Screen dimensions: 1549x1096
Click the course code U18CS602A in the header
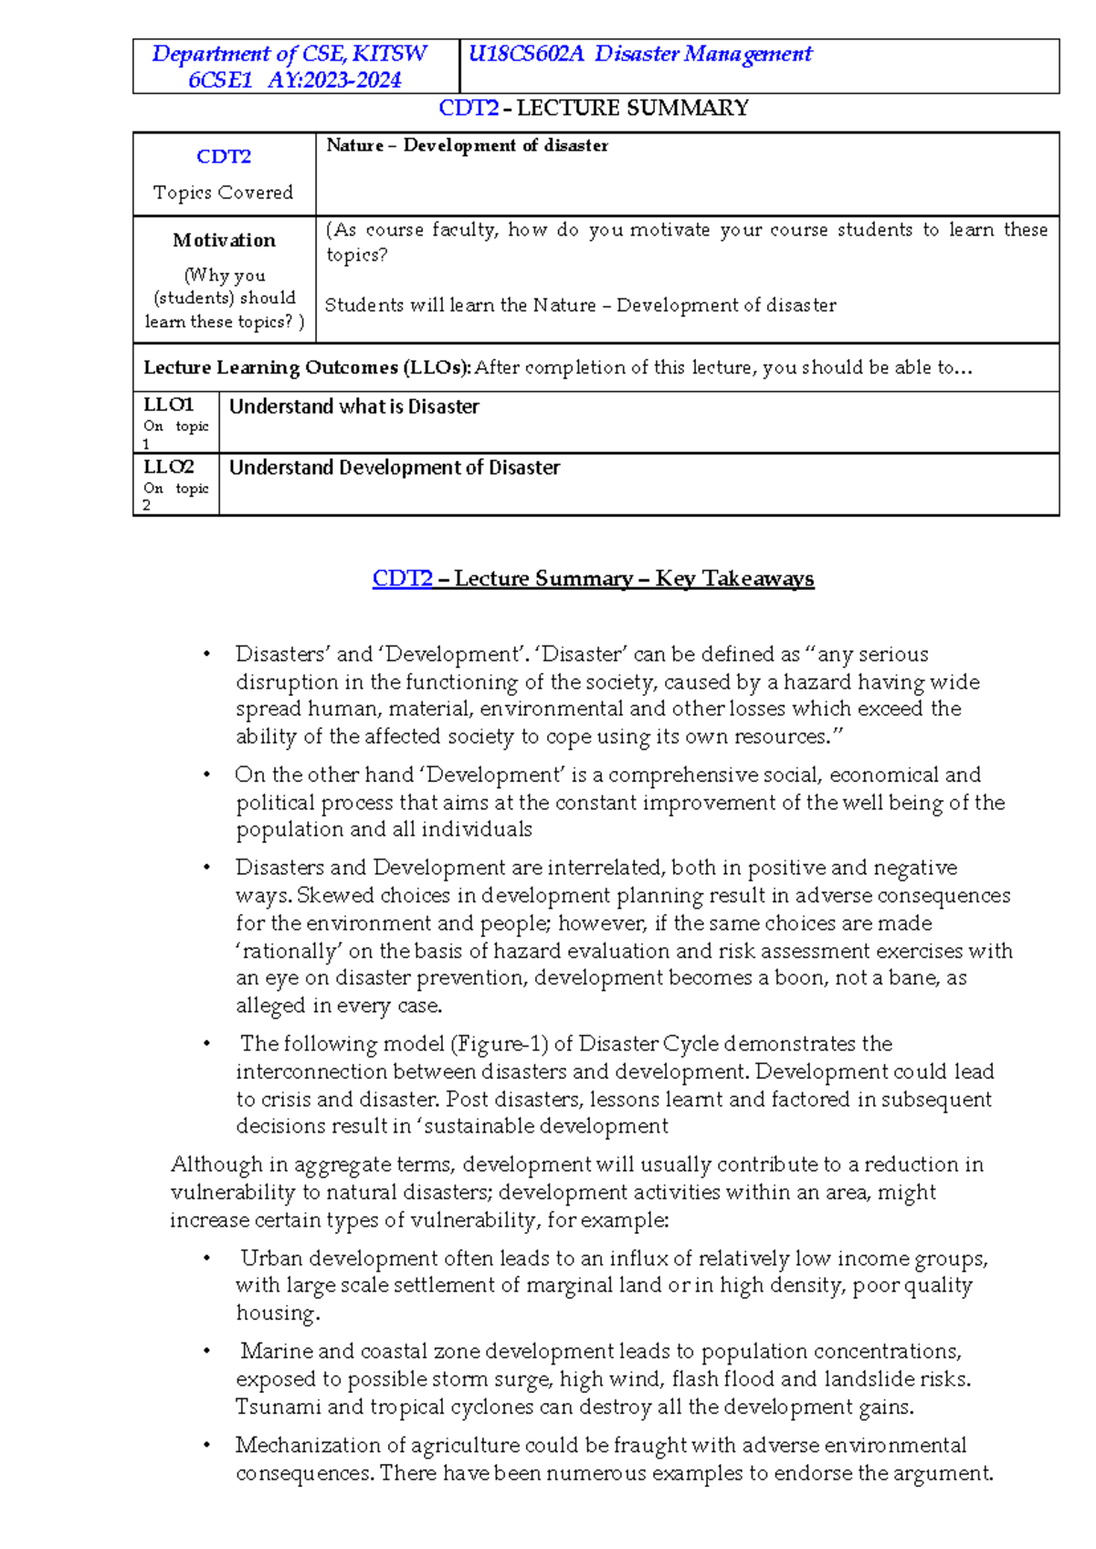click(525, 54)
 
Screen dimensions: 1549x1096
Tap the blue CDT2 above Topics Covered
click(224, 156)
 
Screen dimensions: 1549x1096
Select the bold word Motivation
click(224, 240)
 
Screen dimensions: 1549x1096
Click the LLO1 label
click(169, 405)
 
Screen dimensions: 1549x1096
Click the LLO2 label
click(169, 467)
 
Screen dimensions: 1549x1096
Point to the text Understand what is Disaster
click(353, 407)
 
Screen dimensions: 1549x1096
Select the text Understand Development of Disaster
click(394, 468)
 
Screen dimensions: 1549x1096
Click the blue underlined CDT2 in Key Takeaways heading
click(402, 579)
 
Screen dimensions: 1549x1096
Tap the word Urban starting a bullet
click(271, 1259)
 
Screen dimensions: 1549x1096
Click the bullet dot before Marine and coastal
click(207, 1352)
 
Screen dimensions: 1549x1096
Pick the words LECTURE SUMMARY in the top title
click(632, 109)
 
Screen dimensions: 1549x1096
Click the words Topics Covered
click(224, 193)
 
